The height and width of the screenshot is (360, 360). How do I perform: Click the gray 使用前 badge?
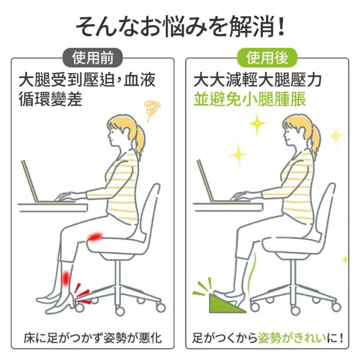(92, 57)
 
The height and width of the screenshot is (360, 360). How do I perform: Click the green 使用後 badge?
(267, 57)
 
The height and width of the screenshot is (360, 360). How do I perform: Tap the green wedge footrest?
(226, 304)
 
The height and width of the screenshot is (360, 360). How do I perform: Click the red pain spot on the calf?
(66, 278)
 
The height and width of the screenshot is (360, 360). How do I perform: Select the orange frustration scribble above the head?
(151, 110)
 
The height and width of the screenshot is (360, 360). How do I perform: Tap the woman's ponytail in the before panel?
(139, 140)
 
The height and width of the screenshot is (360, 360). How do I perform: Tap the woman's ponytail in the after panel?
(314, 140)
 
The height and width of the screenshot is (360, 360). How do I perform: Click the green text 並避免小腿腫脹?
(250, 99)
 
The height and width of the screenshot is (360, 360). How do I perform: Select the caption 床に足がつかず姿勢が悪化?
(93, 337)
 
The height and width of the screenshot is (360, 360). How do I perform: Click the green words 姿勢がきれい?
(292, 337)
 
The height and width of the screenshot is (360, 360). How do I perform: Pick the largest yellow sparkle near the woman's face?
(257, 124)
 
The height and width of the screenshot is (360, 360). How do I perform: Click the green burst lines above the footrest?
(202, 286)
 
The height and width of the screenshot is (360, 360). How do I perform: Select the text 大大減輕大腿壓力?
(257, 80)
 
